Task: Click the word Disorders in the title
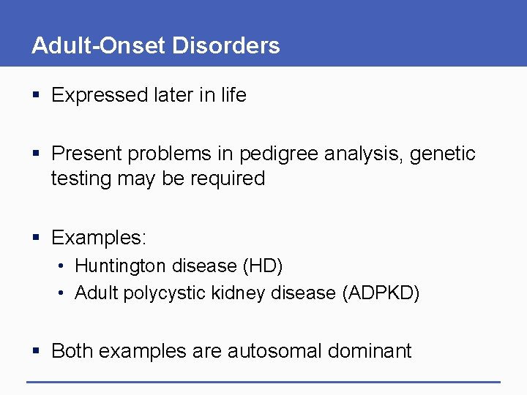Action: click(x=226, y=45)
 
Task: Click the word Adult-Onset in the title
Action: click(x=99, y=45)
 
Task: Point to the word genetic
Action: click(x=443, y=154)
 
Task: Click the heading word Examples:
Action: click(x=99, y=238)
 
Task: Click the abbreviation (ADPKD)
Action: click(x=381, y=293)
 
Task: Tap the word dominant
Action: click(x=370, y=351)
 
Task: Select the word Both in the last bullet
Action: click(x=72, y=351)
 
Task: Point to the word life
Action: click(x=233, y=95)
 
